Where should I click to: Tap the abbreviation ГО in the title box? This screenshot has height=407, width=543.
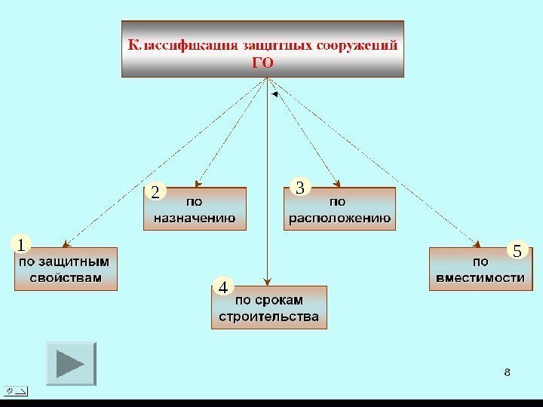tap(262, 63)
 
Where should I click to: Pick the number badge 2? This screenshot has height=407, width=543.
tap(155, 193)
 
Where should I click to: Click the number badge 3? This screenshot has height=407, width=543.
tap(300, 187)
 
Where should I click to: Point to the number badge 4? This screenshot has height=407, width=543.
tap(223, 287)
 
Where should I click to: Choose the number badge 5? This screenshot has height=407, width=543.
tap(517, 250)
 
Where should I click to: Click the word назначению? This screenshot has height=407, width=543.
tap(195, 219)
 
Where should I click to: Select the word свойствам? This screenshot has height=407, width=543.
tap(65, 277)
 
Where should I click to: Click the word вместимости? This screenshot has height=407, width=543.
tap(480, 277)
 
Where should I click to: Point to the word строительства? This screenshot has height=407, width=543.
tap(268, 316)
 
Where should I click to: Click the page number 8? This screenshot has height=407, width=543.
tap(507, 372)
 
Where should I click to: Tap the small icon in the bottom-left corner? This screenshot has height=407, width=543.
tap(15, 390)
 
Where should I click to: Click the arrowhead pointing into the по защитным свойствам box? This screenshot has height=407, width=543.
tap(66, 243)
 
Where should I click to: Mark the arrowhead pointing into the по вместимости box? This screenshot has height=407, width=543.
tap(477, 243)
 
